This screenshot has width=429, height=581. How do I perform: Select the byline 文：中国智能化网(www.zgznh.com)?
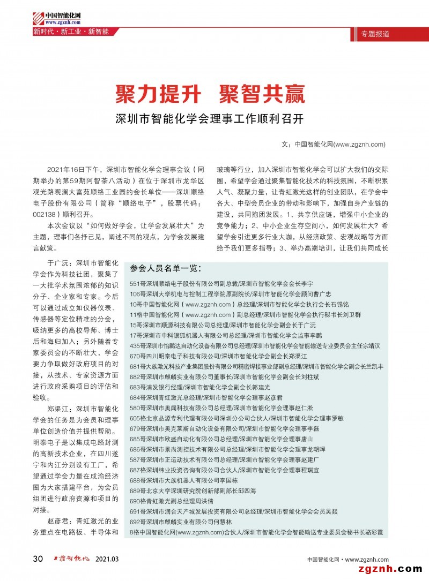[x=333, y=144]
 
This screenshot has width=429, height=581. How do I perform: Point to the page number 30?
[x=38, y=559]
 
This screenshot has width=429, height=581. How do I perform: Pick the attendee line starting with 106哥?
[x=231, y=295]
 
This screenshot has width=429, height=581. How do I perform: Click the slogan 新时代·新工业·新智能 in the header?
[x=71, y=32]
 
